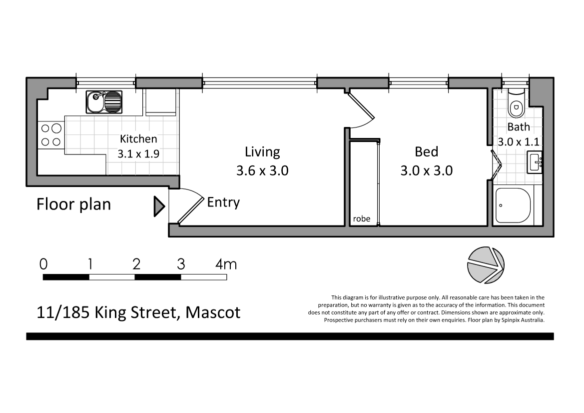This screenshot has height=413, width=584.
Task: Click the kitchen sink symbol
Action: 104,102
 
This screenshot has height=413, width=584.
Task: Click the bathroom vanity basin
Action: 535,162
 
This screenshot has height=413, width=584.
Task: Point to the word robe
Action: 361,219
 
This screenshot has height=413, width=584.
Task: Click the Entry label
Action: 223,202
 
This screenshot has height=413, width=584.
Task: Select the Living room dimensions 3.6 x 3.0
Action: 262,171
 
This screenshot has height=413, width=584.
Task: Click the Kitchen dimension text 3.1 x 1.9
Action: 138,154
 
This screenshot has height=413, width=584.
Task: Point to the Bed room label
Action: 426,151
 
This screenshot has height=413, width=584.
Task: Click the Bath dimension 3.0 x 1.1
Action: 518,142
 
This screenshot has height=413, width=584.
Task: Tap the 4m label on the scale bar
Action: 226,263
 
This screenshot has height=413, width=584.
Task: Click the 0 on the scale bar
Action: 44,263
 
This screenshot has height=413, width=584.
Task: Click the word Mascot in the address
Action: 213,312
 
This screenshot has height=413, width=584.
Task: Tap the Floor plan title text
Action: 74,204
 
